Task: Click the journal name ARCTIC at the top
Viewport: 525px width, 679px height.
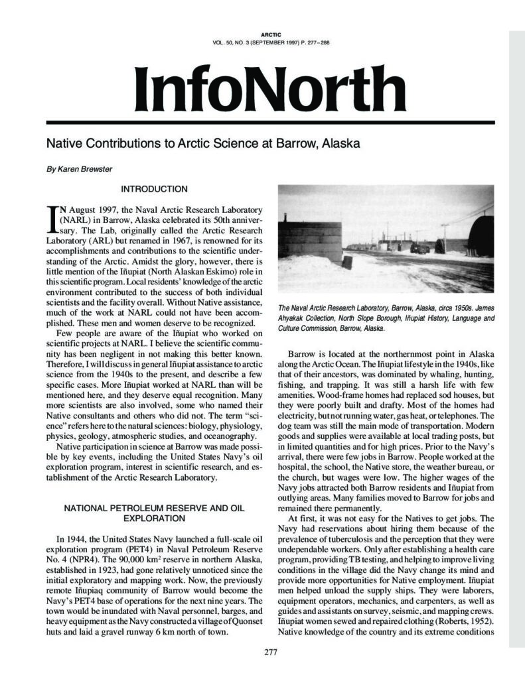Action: tap(262, 34)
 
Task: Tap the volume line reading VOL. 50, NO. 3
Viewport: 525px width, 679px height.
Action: tap(262, 43)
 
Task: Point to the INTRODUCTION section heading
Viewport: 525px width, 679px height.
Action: tap(154, 189)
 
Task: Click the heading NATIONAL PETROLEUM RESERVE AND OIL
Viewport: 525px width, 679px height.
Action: tap(154, 507)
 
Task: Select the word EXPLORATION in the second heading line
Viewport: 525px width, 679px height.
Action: tap(154, 517)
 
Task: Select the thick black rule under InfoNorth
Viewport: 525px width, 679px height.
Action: tap(262, 122)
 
